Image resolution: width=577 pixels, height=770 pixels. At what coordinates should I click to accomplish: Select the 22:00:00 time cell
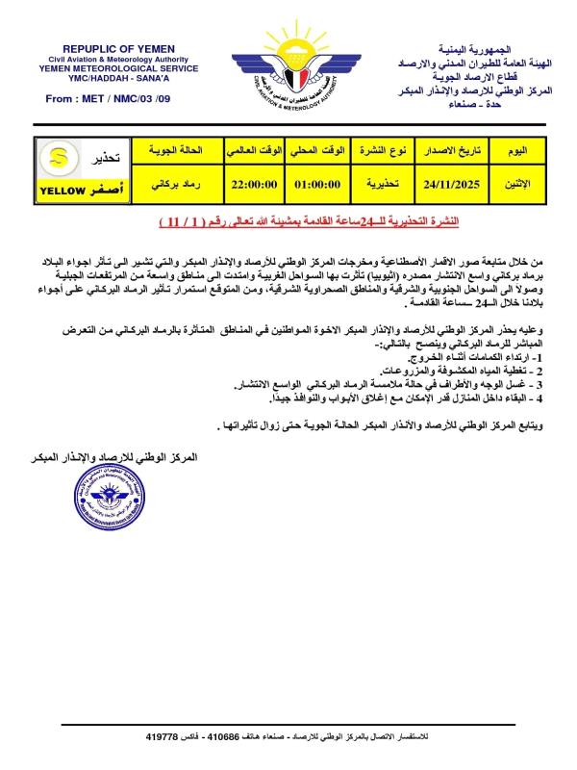pyautogui.click(x=253, y=178)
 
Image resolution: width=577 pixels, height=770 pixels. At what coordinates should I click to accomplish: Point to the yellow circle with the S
pyautogui.click(x=58, y=157)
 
